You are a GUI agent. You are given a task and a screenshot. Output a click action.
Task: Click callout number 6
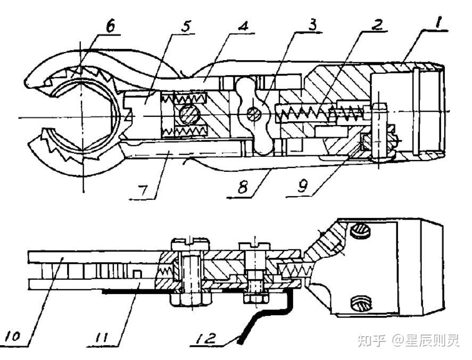tap(109, 27)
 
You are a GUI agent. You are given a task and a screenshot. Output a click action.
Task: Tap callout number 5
tap(185, 26)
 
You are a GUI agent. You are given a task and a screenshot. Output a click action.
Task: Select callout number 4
tap(243, 26)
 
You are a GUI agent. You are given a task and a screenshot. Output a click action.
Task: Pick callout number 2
tap(376, 24)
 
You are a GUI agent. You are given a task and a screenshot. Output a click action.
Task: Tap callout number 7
tap(143, 190)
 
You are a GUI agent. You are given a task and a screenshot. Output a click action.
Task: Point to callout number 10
tap(12, 336)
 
